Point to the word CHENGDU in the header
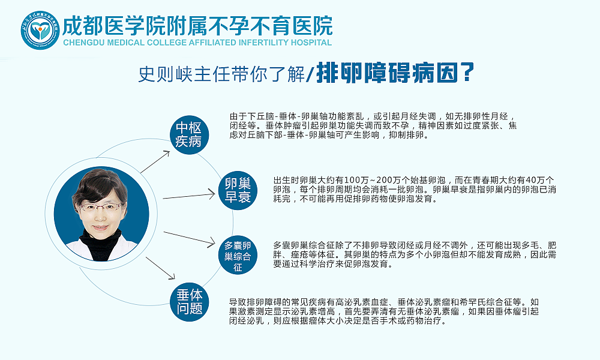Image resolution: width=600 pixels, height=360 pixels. click(89, 43)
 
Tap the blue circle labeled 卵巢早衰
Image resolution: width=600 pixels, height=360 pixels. click(238, 190)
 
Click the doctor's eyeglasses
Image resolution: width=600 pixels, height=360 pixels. click(101, 207)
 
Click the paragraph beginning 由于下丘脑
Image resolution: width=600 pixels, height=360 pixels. click(372, 125)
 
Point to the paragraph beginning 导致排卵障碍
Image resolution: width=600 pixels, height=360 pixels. click(384, 311)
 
